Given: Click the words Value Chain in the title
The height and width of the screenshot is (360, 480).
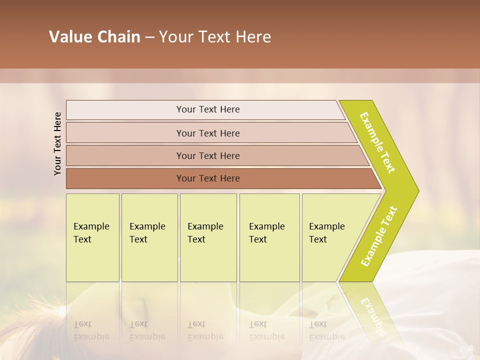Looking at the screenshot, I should tap(94, 37).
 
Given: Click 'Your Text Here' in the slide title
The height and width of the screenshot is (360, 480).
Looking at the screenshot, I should tap(215, 37).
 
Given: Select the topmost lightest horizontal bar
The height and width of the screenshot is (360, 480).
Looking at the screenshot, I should tap(207, 109).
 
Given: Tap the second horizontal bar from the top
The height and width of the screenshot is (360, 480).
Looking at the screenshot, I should tap(207, 133).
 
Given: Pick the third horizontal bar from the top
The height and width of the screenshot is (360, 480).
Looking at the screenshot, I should tap(207, 155).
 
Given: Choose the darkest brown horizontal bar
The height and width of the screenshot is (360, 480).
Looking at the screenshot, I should tap(207, 178).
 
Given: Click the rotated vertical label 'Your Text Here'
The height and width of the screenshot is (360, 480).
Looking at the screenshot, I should tap(57, 143).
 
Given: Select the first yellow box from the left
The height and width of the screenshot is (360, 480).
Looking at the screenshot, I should tap(92, 237).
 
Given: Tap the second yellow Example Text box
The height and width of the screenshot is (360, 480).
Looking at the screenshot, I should tap(149, 237).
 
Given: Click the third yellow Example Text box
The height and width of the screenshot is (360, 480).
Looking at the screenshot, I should tap(207, 237).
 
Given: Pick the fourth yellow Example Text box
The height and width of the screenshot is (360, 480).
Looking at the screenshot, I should tap(269, 237).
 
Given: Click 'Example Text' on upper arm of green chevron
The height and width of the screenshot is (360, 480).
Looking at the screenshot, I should tap(377, 142).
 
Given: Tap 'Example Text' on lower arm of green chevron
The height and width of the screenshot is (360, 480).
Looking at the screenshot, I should tap(379, 236).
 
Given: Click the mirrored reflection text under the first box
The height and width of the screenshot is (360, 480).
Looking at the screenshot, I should tap(91, 330).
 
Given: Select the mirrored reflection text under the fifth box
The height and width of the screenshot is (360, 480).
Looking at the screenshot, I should tap(326, 330).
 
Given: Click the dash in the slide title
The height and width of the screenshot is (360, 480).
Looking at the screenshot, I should tap(149, 37).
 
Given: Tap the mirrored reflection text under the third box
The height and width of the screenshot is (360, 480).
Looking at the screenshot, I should tap(205, 330).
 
